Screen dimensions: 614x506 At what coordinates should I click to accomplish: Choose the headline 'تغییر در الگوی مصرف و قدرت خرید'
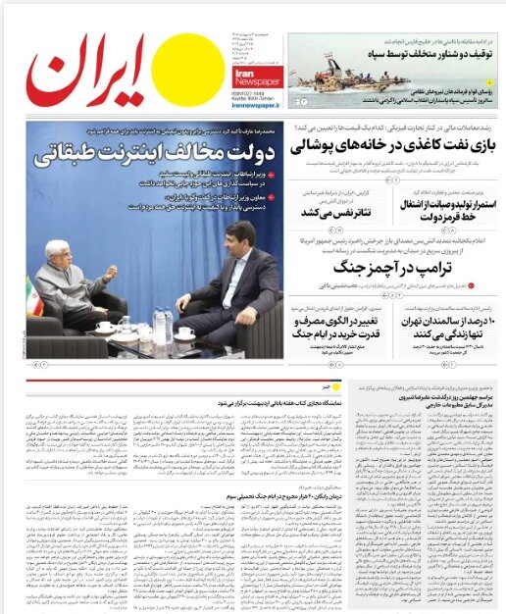click(x=316, y=331)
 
